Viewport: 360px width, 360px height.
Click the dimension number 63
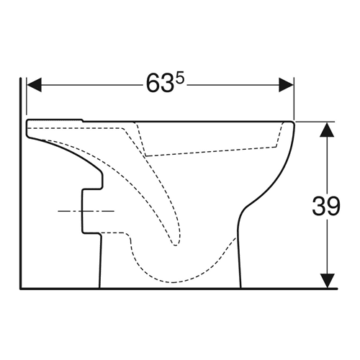[160, 84]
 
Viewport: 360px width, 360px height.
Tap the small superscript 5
[180, 78]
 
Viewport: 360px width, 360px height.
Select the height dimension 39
[326, 206]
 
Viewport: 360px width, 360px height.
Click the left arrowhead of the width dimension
[34, 85]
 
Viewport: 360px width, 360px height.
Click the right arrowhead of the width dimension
[286, 85]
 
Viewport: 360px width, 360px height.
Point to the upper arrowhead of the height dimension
[327, 130]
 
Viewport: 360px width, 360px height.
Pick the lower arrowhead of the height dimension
[327, 281]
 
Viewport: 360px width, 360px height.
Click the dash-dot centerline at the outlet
[86, 211]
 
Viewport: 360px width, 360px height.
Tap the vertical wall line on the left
[21, 182]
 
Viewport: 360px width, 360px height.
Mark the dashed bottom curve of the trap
[173, 282]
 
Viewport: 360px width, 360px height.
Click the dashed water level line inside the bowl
[211, 151]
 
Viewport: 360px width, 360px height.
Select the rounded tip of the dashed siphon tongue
[176, 244]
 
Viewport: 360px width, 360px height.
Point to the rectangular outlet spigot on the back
[91, 211]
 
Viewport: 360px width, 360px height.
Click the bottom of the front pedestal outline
[240, 286]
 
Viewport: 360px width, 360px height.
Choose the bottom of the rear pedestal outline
[100, 286]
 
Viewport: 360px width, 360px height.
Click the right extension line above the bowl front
[294, 99]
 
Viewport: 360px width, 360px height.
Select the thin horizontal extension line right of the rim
[315, 122]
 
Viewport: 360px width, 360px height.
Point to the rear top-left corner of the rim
[27, 120]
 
